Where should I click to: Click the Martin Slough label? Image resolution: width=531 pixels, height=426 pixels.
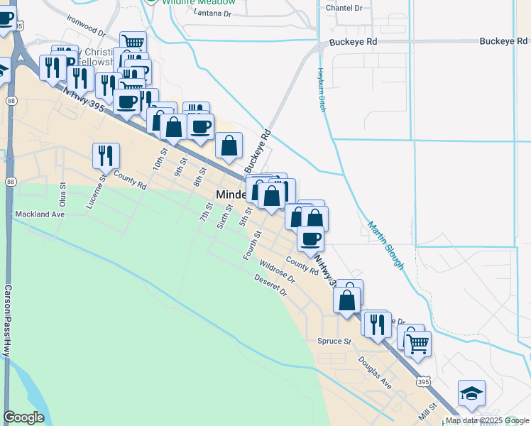coord(385,246)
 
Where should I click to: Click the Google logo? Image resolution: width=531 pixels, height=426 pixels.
coord(23,417)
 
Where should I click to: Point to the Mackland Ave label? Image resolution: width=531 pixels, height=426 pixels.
coord(40,213)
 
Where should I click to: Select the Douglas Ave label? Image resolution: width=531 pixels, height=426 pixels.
coord(375,371)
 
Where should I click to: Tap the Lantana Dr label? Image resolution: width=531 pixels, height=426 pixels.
coord(207,13)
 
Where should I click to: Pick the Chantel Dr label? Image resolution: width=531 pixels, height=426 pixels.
coord(344,7)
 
